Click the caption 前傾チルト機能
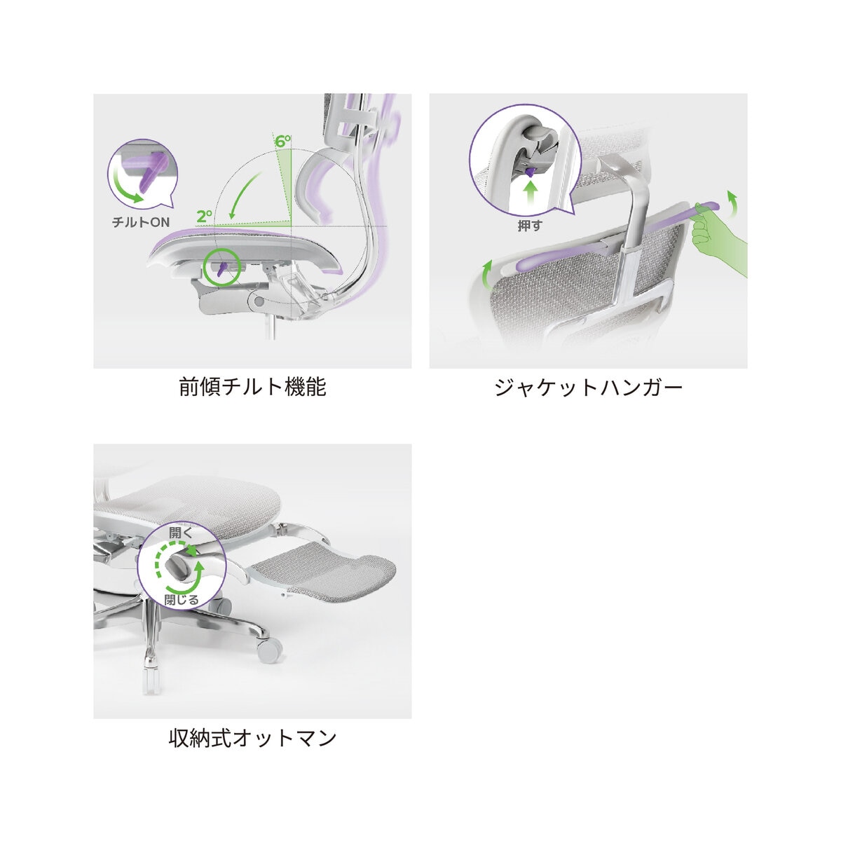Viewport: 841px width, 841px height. [x=252, y=387]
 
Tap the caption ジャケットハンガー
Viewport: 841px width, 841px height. [x=588, y=387]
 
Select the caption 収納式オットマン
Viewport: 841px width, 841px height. [x=252, y=738]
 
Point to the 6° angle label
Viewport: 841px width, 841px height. [x=283, y=141]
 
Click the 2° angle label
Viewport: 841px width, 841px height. [x=204, y=216]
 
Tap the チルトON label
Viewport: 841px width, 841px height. [x=141, y=222]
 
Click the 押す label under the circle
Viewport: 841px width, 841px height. [x=530, y=226]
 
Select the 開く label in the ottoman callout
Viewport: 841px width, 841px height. [x=180, y=533]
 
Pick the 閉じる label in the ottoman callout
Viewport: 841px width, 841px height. [x=182, y=600]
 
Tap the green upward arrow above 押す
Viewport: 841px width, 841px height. [x=531, y=193]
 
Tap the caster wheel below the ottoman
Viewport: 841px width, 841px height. [x=270, y=662]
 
